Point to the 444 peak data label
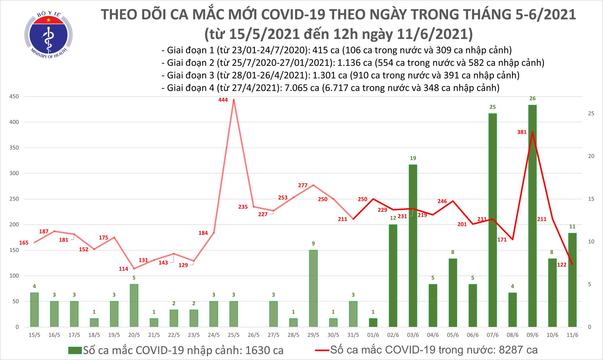tap(223, 100)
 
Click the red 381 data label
tap(522, 132)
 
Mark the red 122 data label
tap(562, 265)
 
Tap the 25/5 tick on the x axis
tap(233, 335)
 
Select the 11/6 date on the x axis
tap(572, 335)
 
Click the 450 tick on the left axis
tap(14, 96)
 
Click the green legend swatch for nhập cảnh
tap(75, 350)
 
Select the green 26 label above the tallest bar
tap(532, 98)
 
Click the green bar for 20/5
tap(134, 305)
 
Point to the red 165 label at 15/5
tap(24, 243)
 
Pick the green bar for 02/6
tap(393, 275)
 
